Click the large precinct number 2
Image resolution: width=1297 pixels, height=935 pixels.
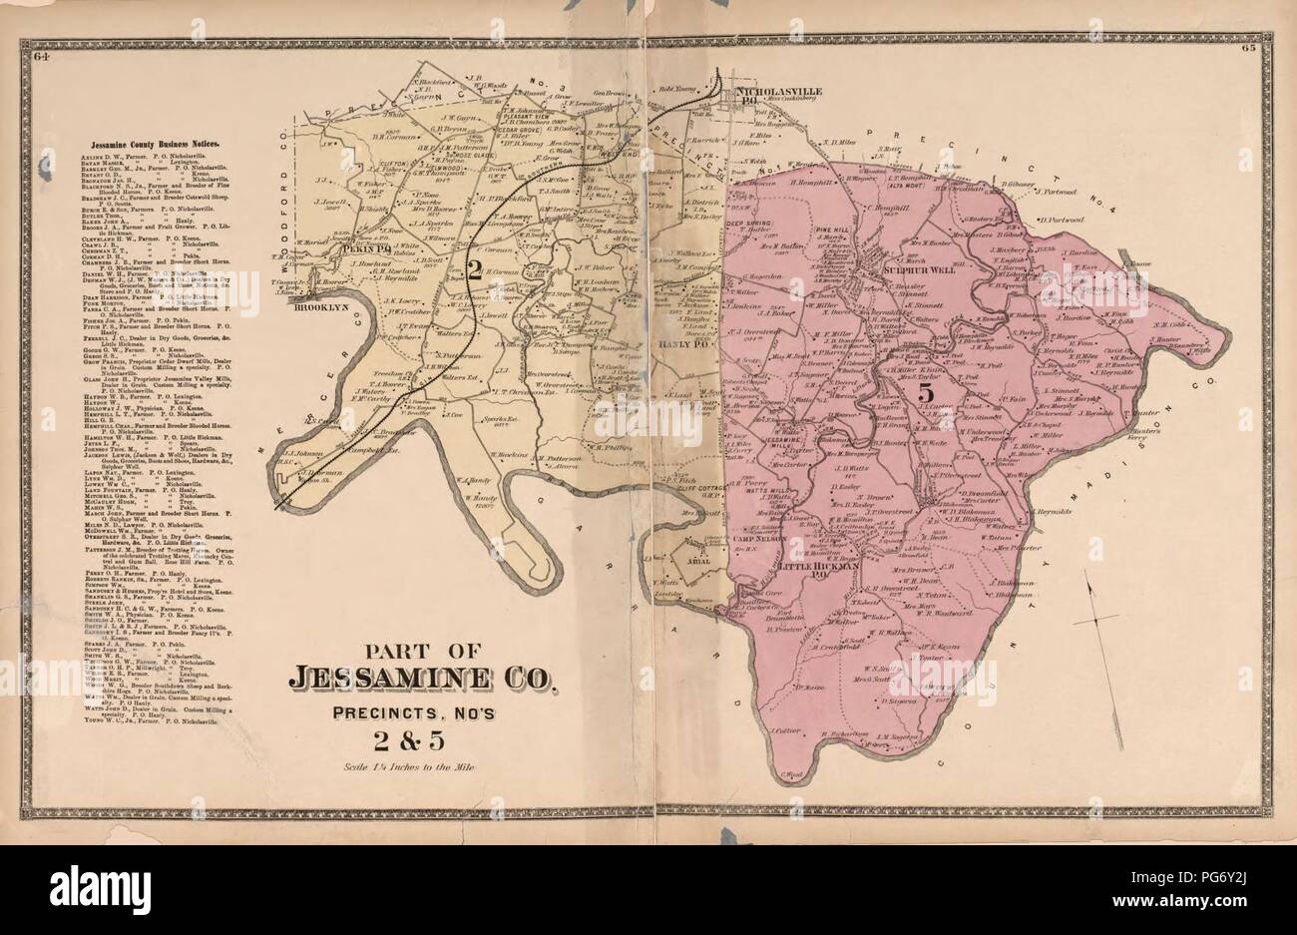tap(478, 267)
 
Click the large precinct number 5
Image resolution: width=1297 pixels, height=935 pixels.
tap(926, 391)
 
